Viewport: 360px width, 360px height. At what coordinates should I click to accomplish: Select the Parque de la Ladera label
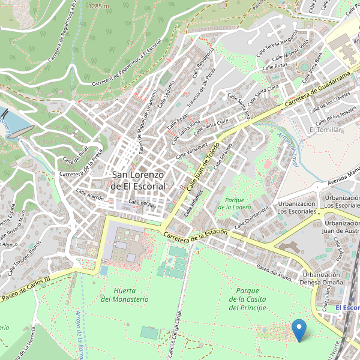(x=234, y=203)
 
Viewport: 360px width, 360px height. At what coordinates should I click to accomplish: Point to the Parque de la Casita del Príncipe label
(x=247, y=299)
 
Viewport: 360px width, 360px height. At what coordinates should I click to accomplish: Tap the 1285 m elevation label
(x=98, y=5)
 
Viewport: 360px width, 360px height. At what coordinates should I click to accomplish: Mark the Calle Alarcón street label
(x=90, y=196)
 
